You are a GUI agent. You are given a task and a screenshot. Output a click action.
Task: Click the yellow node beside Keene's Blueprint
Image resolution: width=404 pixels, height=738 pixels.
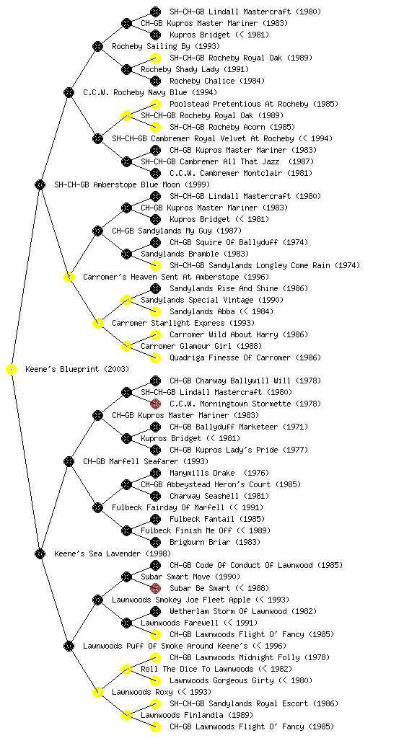pyautogui.click(x=11, y=370)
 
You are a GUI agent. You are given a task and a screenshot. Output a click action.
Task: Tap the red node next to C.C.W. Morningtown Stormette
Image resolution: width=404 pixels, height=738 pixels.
pyautogui.click(x=155, y=404)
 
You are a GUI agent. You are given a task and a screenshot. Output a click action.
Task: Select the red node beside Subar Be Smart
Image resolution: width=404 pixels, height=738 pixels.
pyautogui.click(x=155, y=588)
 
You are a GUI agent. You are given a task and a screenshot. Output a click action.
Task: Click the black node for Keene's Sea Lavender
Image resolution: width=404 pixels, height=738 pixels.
pyautogui.click(x=40, y=553)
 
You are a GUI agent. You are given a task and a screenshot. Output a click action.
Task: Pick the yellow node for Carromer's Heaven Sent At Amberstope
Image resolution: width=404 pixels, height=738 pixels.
pyautogui.click(x=69, y=277)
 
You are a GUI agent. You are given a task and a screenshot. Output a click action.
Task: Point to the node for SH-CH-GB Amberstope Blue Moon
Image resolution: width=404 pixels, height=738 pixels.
pyautogui.click(x=40, y=185)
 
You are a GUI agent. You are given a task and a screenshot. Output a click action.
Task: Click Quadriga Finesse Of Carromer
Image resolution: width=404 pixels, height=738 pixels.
pyautogui.click(x=245, y=357)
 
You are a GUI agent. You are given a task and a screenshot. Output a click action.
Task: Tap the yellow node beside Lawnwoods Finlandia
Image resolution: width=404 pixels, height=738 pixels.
pyautogui.click(x=126, y=716)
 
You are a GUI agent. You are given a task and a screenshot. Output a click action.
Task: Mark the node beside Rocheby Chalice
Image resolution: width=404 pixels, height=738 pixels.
pyautogui.click(x=155, y=81)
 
